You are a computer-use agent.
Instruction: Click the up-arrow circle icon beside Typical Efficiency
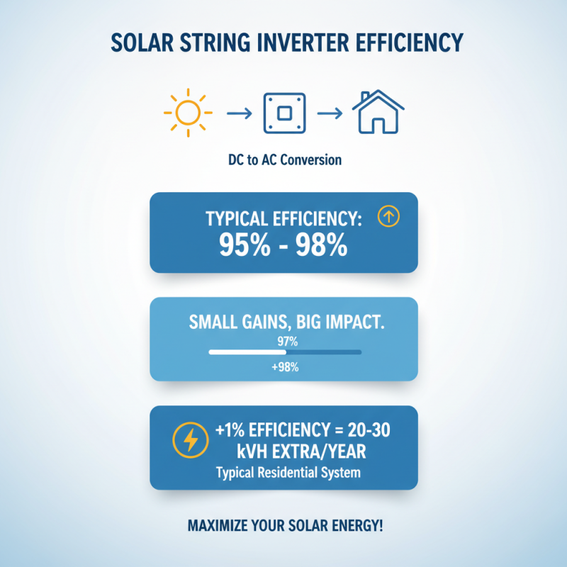click(x=389, y=218)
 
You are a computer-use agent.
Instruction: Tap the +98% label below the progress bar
click(x=284, y=367)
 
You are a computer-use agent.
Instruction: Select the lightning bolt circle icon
click(x=191, y=441)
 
